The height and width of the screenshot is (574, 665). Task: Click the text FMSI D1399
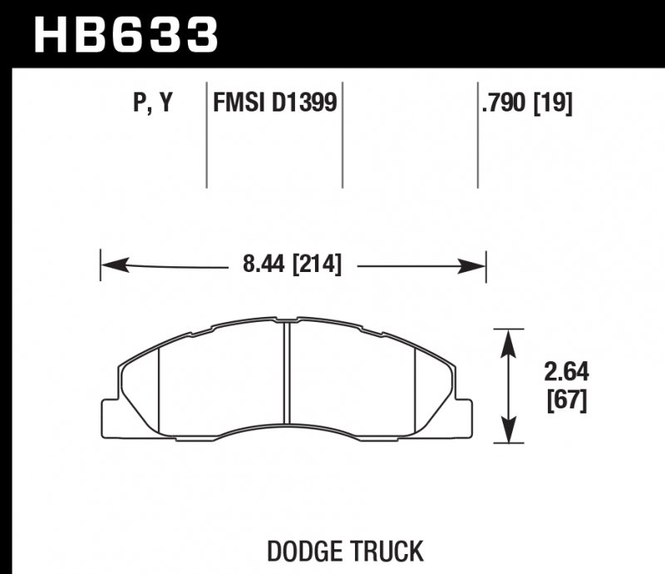pos(274,103)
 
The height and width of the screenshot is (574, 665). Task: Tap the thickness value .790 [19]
pos(526,103)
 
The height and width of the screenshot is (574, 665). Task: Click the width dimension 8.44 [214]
pos(292,266)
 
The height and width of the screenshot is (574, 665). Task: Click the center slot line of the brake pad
pos(285,374)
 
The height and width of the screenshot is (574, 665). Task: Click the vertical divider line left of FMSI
pos(206,133)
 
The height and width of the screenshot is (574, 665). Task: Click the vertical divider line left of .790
pos(478,133)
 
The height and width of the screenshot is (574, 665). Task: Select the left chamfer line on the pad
pos(158,391)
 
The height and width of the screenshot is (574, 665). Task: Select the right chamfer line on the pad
pos(415,391)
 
